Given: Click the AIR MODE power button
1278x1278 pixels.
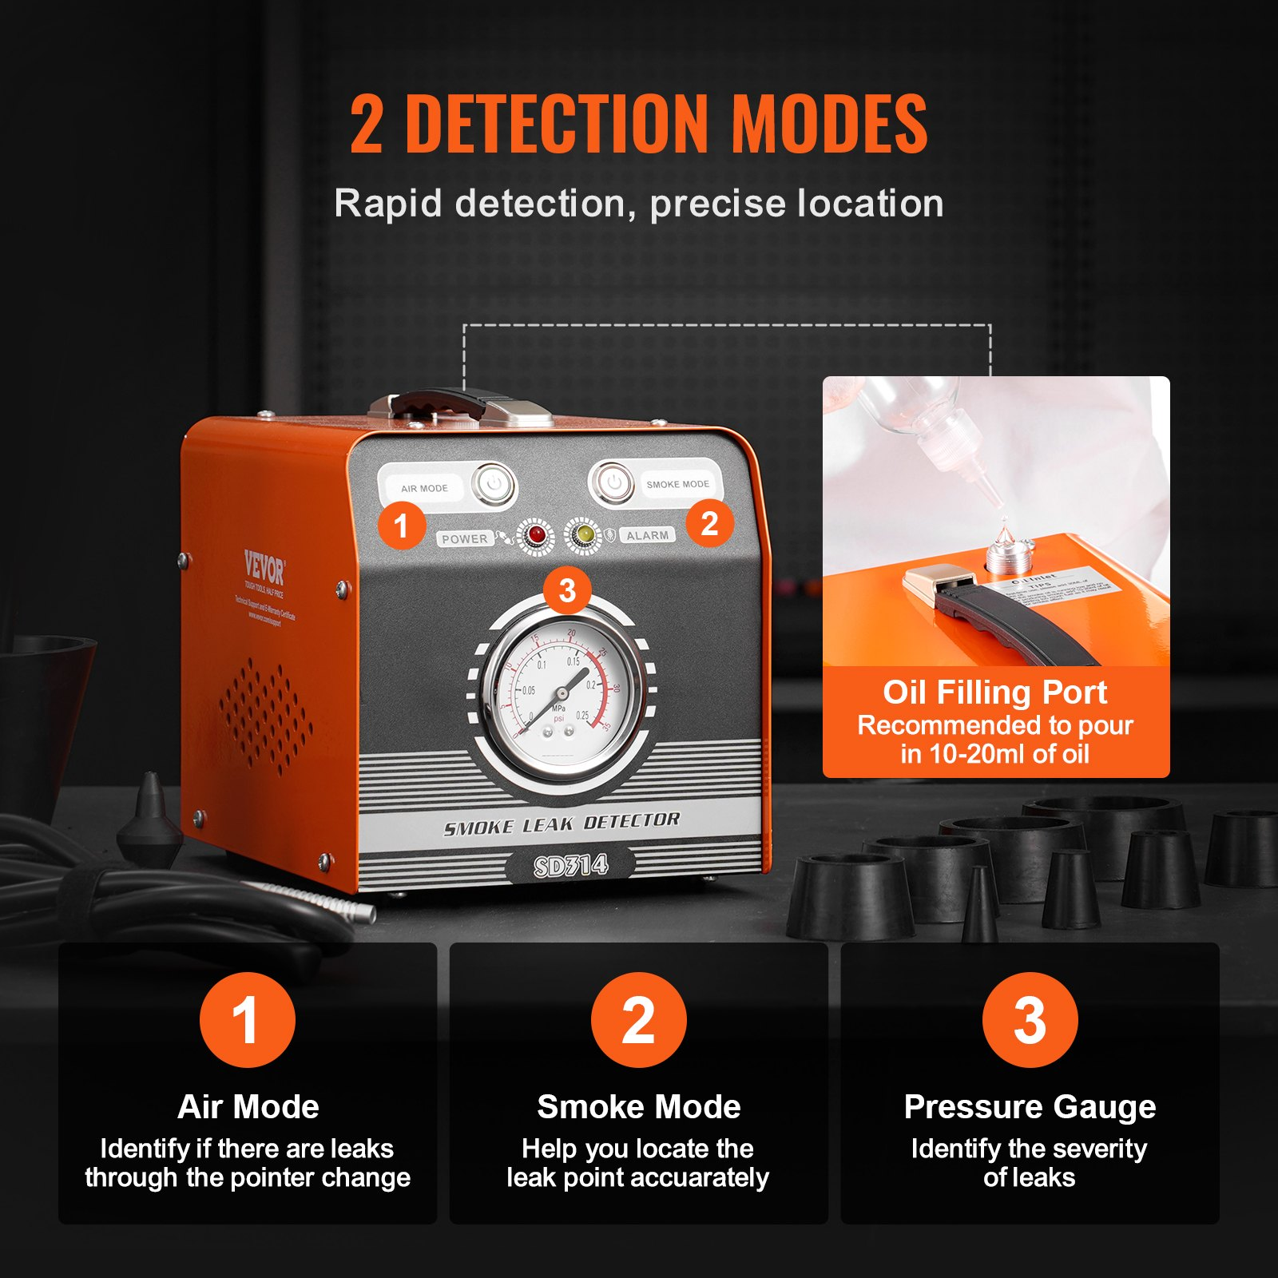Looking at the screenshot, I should (494, 484).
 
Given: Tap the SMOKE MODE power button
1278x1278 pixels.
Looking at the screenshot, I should (613, 482).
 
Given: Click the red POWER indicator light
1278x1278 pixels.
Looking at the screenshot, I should (536, 535).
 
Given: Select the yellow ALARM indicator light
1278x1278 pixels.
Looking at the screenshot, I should (585, 534).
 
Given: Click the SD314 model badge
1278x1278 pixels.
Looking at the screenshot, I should (570, 866).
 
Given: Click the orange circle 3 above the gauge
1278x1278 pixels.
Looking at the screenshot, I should (567, 591).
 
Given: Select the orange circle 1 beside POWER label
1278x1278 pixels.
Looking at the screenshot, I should (401, 526).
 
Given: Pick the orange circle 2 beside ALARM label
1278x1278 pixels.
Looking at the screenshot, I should (709, 523).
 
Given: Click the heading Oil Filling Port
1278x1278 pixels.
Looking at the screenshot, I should (994, 693).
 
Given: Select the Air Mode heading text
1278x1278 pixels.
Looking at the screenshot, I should (248, 1107).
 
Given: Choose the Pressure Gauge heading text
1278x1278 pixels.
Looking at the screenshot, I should (1030, 1107).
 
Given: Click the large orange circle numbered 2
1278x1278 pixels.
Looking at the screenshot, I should (638, 1020).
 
